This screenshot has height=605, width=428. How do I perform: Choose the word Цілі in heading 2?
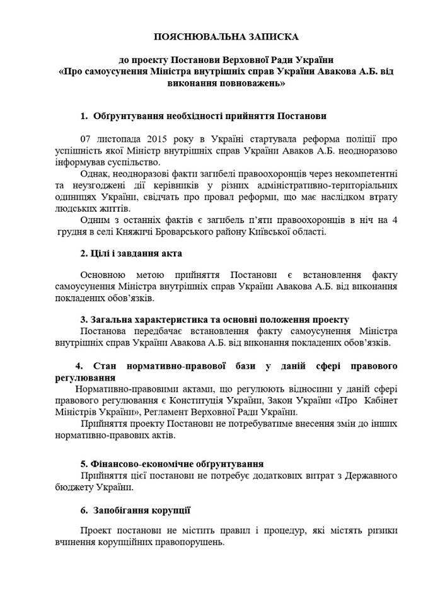click(x=103, y=253)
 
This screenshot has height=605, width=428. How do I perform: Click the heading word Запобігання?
click(x=125, y=509)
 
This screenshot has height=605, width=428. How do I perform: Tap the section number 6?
click(x=83, y=509)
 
